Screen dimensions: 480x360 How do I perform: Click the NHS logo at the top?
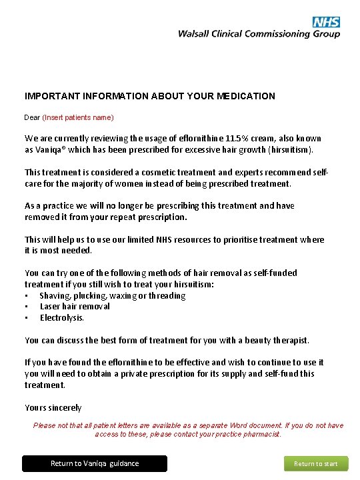pos(326,22)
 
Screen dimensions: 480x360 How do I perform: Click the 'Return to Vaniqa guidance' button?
pos(95,463)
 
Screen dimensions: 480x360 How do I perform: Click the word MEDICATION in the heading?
pos(246,96)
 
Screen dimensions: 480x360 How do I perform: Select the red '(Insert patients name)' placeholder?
pos(78,117)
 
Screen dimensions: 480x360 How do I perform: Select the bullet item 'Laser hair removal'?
pos(75,307)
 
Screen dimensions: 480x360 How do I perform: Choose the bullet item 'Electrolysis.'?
pos(62,318)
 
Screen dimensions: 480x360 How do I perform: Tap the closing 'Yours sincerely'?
pos(53,407)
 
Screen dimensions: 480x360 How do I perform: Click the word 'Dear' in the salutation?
pos(32,117)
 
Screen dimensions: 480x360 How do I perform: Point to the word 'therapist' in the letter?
pos(288,340)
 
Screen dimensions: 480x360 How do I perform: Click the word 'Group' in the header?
pos(327,34)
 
